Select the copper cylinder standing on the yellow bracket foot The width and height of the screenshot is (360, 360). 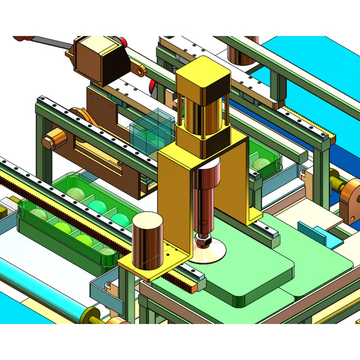click(x=148, y=240)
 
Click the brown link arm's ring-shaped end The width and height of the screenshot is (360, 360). click(x=140, y=71)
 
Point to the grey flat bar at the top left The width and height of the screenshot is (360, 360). click(x=48, y=42)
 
